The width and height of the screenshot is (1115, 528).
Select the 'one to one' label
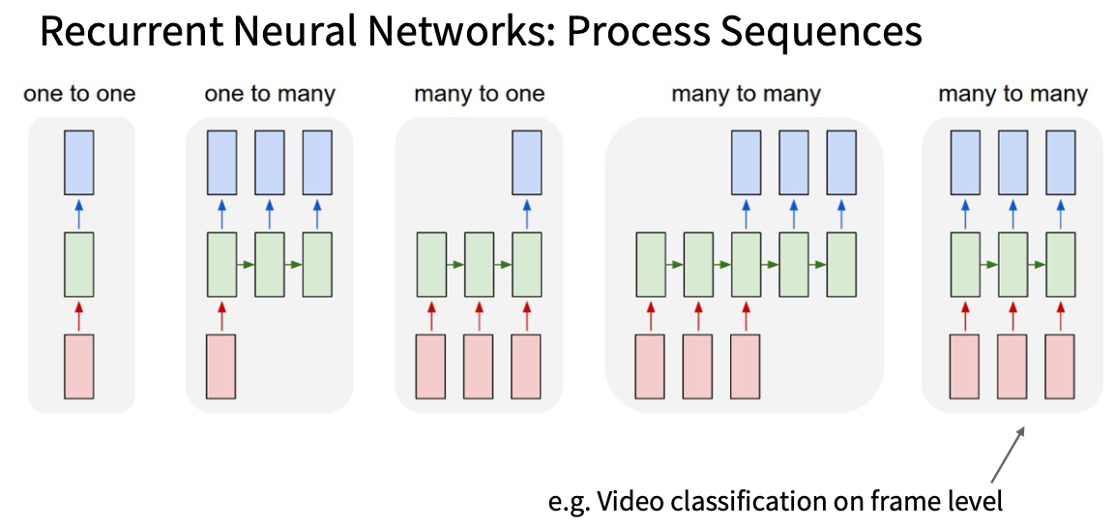(79, 95)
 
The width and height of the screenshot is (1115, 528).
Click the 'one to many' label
(270, 95)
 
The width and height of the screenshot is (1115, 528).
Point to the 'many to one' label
(480, 95)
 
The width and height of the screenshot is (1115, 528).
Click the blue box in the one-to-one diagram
(79, 162)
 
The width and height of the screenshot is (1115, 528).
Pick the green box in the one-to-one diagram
(79, 264)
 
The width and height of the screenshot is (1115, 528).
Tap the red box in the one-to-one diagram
(79, 367)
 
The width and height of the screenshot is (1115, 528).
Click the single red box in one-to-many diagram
(221, 367)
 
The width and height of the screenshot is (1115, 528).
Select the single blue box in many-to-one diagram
(527, 162)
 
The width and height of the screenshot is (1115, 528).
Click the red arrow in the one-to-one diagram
(79, 315)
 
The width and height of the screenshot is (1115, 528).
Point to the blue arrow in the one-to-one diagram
(79, 213)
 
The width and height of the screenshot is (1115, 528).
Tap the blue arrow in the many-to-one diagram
(527, 213)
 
